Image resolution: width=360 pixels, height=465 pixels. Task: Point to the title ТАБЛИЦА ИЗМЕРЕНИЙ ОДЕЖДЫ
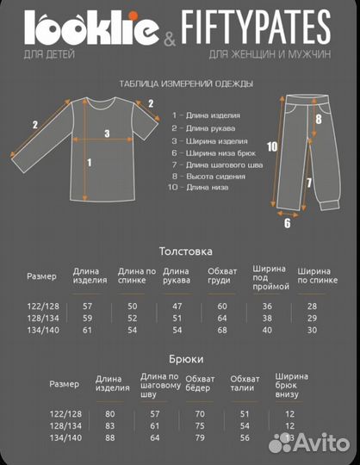click(x=185, y=84)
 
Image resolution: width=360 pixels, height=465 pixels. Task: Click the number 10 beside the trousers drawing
click(x=272, y=146)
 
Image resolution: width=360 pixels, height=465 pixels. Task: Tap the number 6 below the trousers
click(x=288, y=222)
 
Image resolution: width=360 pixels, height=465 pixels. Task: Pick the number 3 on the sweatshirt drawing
click(x=107, y=133)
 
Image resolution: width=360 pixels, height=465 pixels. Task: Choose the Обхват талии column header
click(x=245, y=384)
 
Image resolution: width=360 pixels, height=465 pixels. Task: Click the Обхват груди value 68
click(x=222, y=331)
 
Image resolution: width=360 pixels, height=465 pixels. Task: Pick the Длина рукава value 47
click(x=177, y=307)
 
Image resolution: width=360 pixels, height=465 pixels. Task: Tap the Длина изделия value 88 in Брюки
click(x=110, y=438)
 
